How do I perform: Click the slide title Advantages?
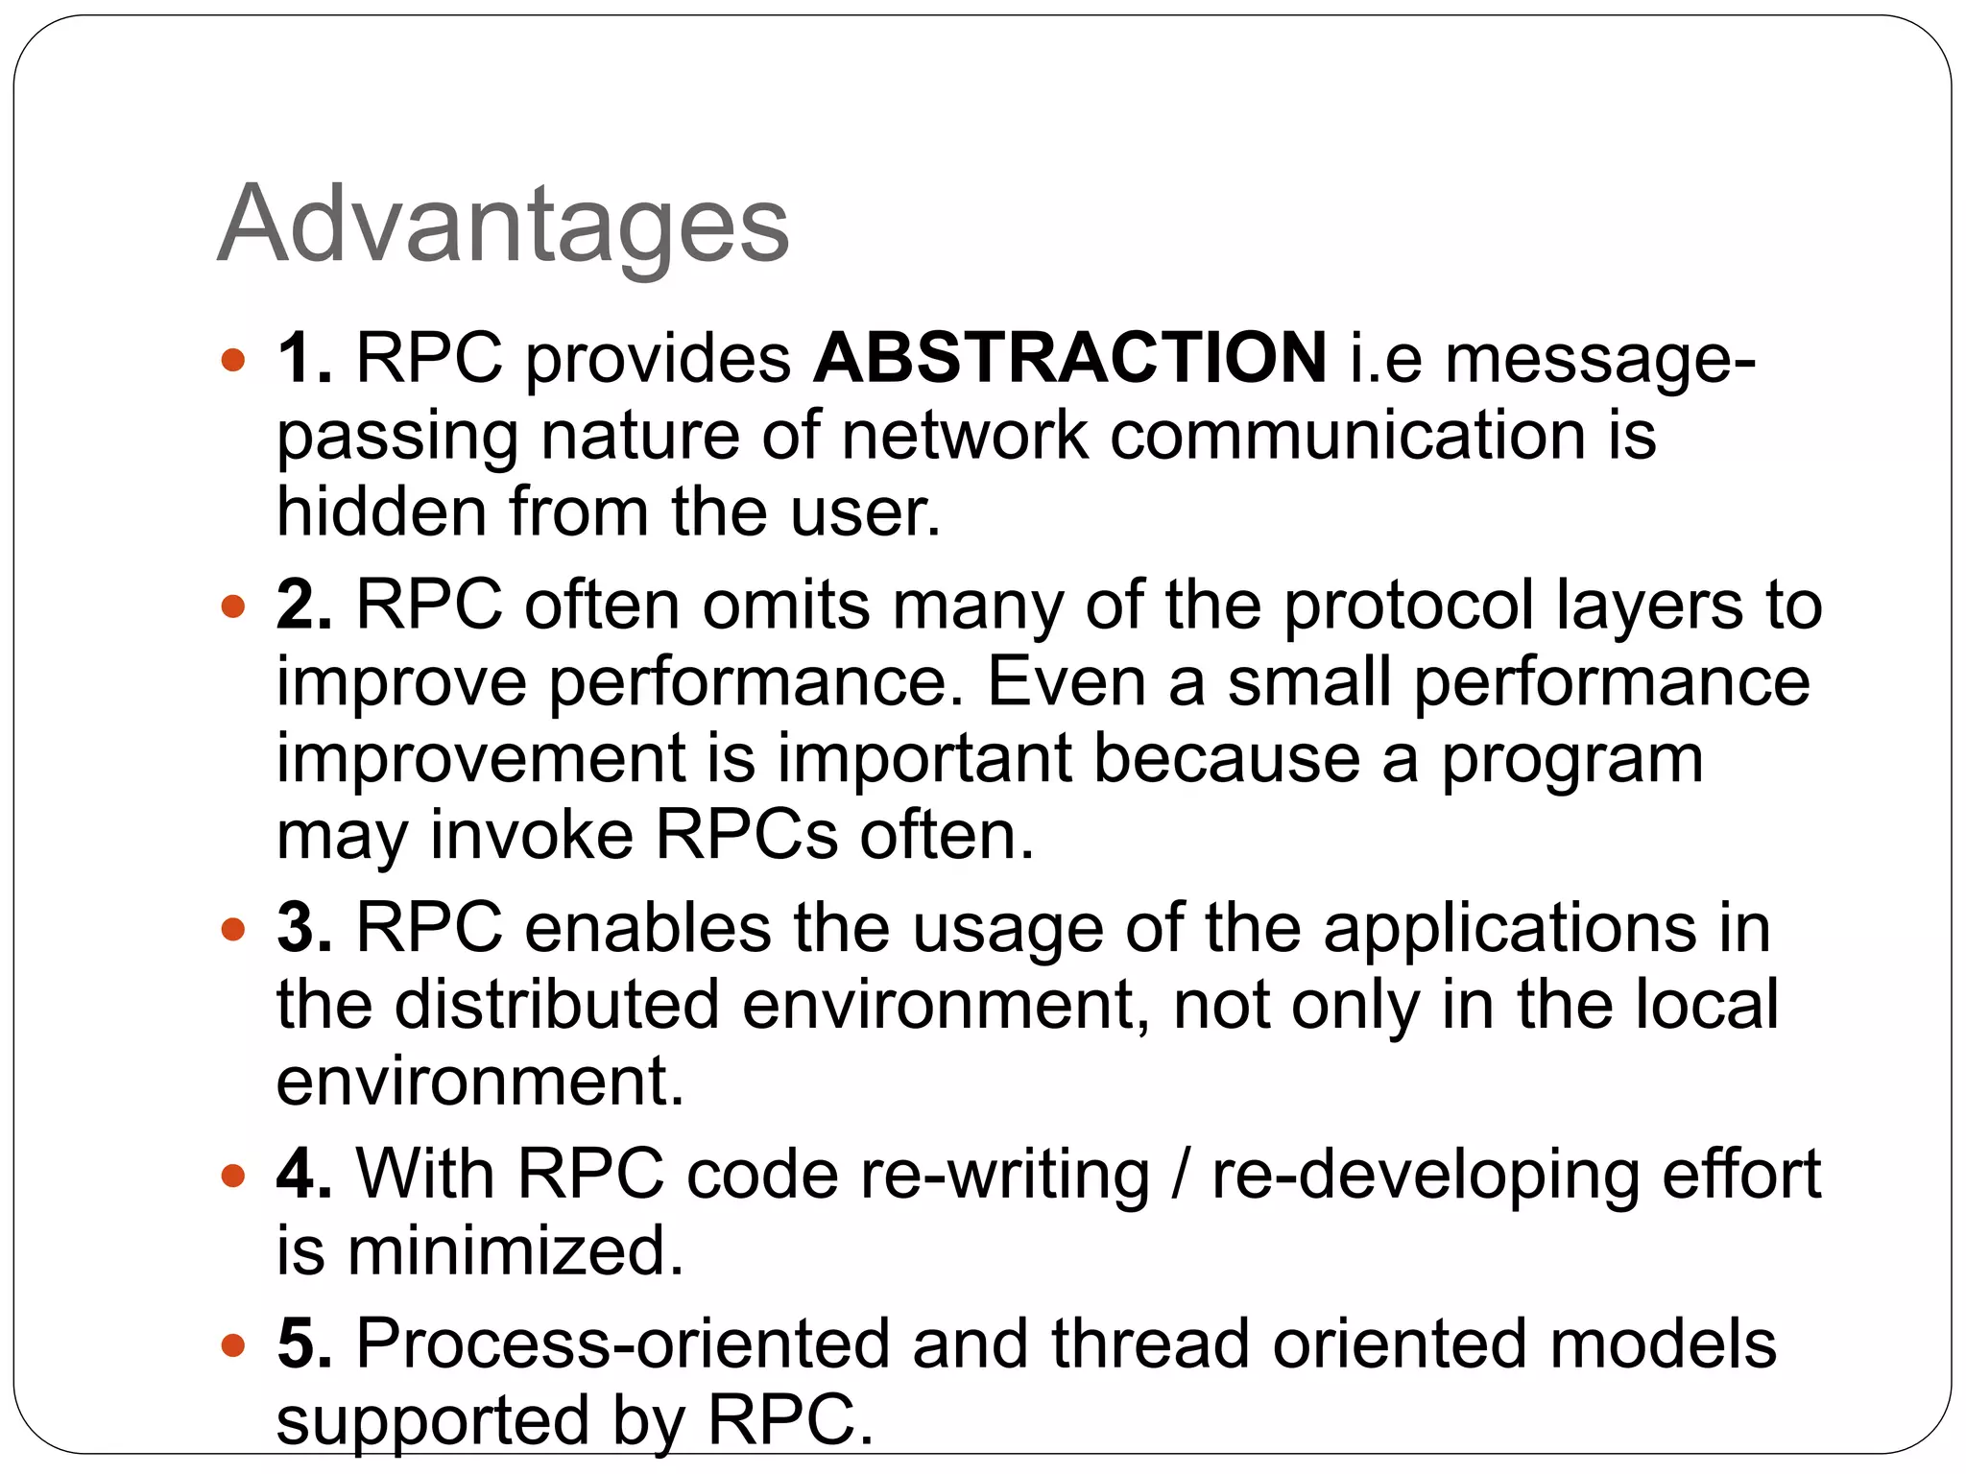coord(503,226)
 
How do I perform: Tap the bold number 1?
coord(304,358)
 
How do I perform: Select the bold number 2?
coord(304,605)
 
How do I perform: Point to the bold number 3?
coord(304,928)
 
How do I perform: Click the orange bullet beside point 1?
coord(232,361)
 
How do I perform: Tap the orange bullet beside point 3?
coord(232,930)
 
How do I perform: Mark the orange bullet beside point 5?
coord(232,1345)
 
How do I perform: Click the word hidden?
coord(381,511)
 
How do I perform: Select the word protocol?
coord(1409,606)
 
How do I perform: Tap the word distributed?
coord(557,1005)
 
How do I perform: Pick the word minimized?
coord(515,1250)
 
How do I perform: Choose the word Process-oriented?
coord(623,1343)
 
